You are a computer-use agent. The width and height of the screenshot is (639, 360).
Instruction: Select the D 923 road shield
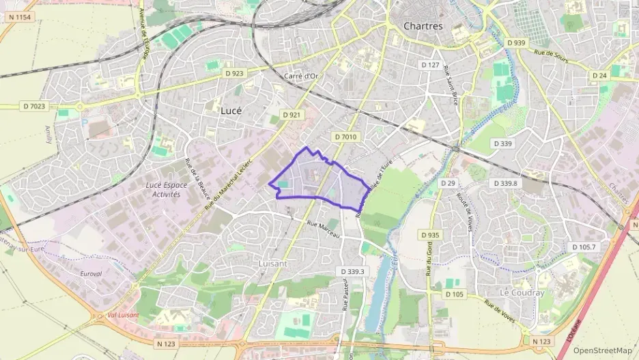pos(233,72)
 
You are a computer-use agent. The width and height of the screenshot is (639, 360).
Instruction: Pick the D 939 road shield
pos(517,42)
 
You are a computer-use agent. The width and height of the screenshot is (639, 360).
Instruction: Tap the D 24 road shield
pos(599,75)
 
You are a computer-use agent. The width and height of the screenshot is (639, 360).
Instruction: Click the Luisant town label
pos(274,263)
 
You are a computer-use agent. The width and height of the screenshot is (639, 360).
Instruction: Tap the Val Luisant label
pos(124,315)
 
